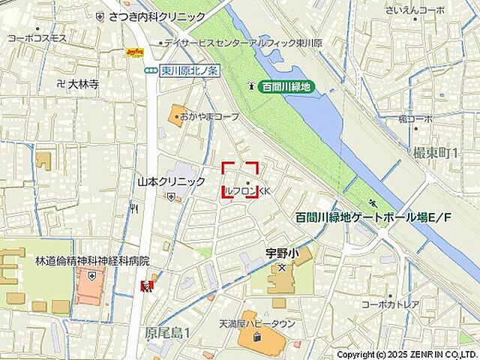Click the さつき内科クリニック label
pos(157,16)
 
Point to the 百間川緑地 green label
pos(286,87)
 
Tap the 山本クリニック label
pos(171,181)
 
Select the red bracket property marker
pos(240,180)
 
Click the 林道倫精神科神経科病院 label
pos(92,261)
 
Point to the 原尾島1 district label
pos(167,331)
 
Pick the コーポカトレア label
pos(389,304)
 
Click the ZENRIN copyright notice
pos(406,354)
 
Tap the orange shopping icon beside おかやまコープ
pos(178,116)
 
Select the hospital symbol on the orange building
pos(91,276)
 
